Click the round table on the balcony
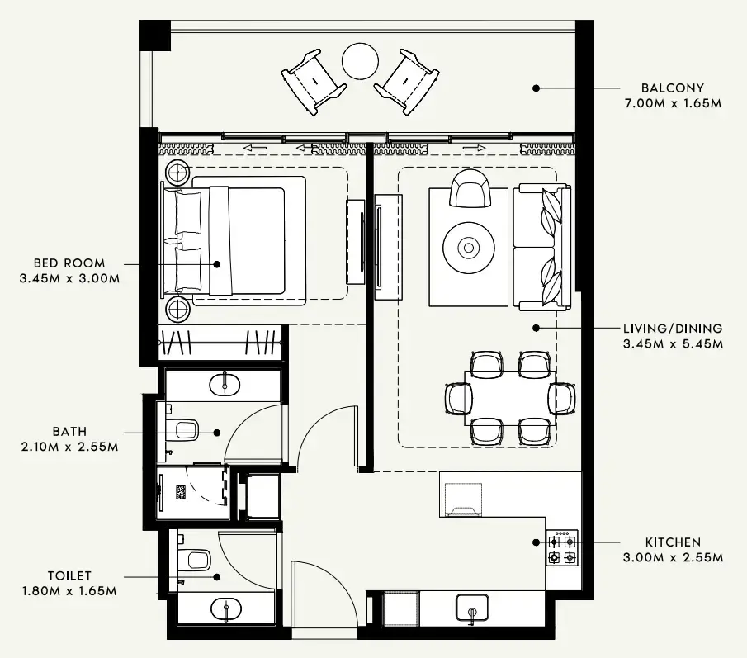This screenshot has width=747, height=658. (x=360, y=60)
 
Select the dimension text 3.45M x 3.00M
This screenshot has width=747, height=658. (x=69, y=278)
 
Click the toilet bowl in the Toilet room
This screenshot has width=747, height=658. (x=196, y=561)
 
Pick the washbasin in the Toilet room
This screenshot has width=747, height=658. (x=225, y=610)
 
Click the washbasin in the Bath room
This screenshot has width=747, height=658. (x=224, y=383)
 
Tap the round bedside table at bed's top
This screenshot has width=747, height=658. (x=177, y=173)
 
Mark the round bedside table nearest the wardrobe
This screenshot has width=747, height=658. (x=177, y=310)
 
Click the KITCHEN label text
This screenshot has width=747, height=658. (x=673, y=542)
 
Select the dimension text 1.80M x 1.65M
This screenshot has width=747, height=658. (x=69, y=591)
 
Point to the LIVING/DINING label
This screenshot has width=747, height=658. (x=673, y=328)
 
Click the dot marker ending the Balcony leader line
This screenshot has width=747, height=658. (x=536, y=88)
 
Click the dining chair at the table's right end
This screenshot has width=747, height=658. (x=563, y=397)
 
